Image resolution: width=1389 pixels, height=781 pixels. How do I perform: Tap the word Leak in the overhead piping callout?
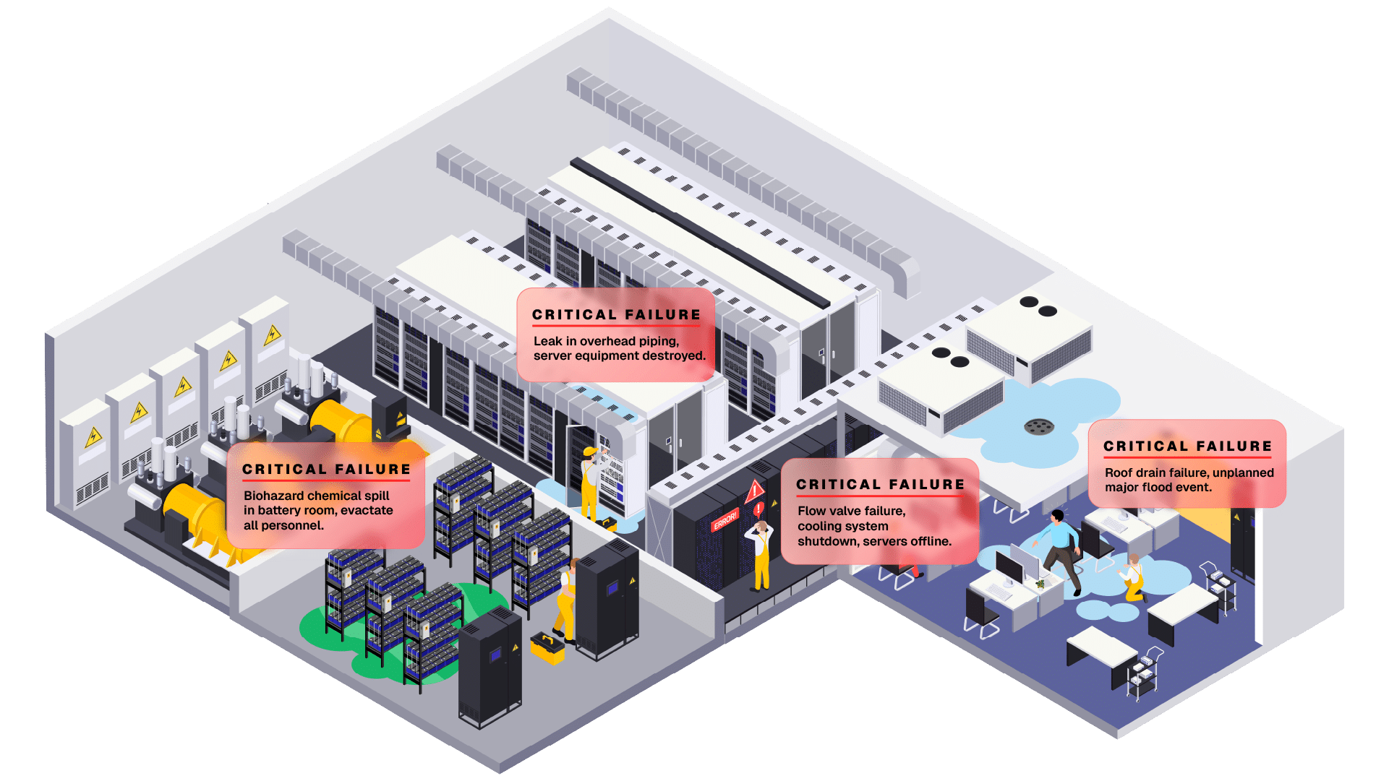tap(547, 341)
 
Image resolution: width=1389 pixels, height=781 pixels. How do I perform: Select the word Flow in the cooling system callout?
tap(812, 511)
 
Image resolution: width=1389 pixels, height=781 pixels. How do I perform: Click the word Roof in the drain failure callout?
tap(1119, 473)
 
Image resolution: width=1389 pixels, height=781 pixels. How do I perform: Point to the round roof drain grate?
tap(1039, 427)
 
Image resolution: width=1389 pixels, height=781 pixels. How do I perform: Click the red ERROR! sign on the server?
tap(725, 520)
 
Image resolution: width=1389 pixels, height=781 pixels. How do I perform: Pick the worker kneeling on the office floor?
tap(1132, 578)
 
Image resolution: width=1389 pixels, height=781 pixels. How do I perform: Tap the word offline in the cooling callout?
tap(927, 541)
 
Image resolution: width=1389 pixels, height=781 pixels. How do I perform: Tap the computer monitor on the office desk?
tap(1009, 567)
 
